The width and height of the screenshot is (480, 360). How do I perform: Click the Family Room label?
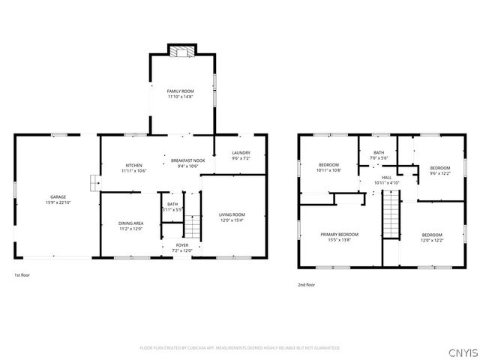(180, 91)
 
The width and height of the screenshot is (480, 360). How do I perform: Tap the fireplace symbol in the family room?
(180, 52)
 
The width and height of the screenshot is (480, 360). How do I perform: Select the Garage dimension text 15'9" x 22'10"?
(58, 202)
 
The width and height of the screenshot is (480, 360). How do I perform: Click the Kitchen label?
(133, 165)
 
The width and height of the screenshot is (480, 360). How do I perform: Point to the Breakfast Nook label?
(187, 161)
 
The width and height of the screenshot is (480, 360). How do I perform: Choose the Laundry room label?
(241, 153)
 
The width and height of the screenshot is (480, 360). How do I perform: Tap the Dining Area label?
(130, 223)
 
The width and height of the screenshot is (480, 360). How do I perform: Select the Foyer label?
(182, 245)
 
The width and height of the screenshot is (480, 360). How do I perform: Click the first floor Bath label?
(172, 204)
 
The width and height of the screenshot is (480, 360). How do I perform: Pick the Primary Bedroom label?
(340, 235)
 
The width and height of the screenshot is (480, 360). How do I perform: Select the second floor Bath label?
(379, 152)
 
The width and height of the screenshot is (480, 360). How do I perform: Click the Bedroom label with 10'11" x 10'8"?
(329, 165)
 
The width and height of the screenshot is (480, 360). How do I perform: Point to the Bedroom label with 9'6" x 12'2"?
(440, 168)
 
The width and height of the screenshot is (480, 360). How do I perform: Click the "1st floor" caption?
(22, 275)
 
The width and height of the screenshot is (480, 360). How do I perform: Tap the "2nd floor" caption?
(306, 284)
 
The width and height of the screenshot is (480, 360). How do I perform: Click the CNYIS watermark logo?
(462, 352)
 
